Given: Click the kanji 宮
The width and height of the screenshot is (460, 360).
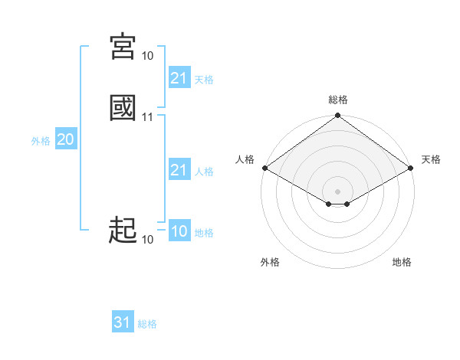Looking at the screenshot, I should pyautogui.click(x=123, y=47).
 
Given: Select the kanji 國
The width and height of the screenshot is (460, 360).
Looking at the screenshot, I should pyautogui.click(x=123, y=107).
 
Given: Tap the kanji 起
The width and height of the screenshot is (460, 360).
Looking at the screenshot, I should pyautogui.click(x=123, y=229).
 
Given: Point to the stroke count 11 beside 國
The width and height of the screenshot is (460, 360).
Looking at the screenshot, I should pyautogui.click(x=148, y=117).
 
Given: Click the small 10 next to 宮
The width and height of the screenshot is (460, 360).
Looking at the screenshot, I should pyautogui.click(x=148, y=56).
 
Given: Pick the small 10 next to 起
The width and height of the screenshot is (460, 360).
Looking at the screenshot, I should pyautogui.click(x=148, y=240).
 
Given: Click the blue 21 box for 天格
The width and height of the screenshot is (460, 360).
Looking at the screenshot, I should pyautogui.click(x=179, y=78).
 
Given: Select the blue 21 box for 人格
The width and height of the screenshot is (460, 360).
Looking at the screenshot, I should pyautogui.click(x=179, y=170).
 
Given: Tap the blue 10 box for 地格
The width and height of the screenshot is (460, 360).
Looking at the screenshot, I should pyautogui.click(x=179, y=231).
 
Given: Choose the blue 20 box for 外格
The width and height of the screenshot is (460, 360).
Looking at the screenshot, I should pyautogui.click(x=65, y=139).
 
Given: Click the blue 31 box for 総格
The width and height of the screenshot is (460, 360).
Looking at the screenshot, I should pyautogui.click(x=123, y=322).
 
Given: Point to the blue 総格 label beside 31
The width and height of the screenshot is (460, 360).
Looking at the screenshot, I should pyautogui.click(x=147, y=324).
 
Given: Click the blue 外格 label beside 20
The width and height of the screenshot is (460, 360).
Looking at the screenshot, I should pyautogui.click(x=40, y=141).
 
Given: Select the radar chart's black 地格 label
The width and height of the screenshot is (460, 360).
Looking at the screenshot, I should pyautogui.click(x=402, y=262).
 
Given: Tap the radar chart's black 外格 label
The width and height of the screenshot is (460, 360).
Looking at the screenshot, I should pyautogui.click(x=270, y=262).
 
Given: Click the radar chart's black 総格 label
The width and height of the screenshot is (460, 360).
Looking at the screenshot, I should pyautogui.click(x=338, y=100).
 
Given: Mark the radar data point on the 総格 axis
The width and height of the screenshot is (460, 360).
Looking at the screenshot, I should pyautogui.click(x=337, y=116).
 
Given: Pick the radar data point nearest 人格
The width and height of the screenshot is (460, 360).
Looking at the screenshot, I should pyautogui.click(x=264, y=168).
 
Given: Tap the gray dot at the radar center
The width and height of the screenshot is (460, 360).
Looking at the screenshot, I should pyautogui.click(x=337, y=191).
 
